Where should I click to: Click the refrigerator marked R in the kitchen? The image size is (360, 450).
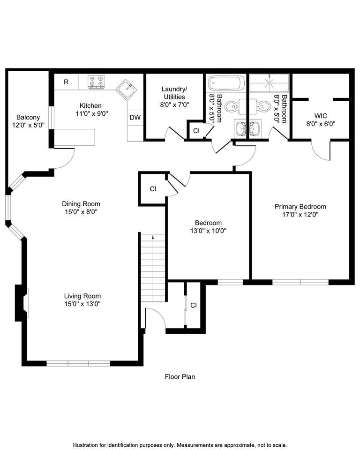pyautogui.click(x=66, y=82)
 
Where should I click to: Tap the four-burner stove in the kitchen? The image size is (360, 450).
pyautogui.click(x=96, y=82)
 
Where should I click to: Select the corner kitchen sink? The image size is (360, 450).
pyautogui.click(x=125, y=88)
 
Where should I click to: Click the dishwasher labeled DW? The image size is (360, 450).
pyautogui.click(x=135, y=118)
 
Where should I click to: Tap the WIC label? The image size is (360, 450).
pyautogui.click(x=321, y=115)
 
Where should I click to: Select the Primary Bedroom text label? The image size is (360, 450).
pyautogui.click(x=300, y=206)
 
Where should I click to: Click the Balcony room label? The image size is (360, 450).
pyautogui.click(x=28, y=117)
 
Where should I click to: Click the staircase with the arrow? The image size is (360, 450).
pyautogui.click(x=153, y=267)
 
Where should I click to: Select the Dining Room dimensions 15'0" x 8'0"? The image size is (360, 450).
pyautogui.click(x=81, y=212)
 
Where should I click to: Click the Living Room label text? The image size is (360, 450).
pyautogui.click(x=82, y=296)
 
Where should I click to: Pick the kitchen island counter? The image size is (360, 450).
pyautogui.click(x=75, y=138)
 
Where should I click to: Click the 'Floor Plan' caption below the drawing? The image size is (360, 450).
pyautogui.click(x=180, y=376)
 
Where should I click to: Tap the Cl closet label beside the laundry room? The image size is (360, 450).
pyautogui.click(x=196, y=131)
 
